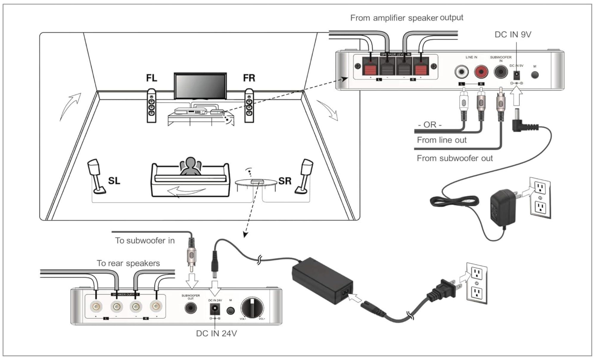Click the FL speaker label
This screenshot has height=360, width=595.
[x=151, y=78]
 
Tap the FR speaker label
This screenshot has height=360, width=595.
[x=249, y=78]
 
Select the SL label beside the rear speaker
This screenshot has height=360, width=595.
[x=114, y=181]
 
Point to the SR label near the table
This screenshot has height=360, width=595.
[x=285, y=181]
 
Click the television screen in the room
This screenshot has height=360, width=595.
[x=200, y=86]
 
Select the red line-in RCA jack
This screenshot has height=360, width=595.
[x=481, y=72]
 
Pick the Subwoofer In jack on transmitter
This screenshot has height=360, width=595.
[x=501, y=72]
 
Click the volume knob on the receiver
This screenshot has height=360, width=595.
[x=252, y=308]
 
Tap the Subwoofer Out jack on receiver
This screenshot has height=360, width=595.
[x=191, y=308]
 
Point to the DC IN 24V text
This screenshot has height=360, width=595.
[x=216, y=333]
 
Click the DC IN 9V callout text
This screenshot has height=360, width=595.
[x=513, y=35]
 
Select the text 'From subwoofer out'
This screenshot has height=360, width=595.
[x=454, y=158]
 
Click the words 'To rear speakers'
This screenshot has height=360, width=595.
[x=128, y=263]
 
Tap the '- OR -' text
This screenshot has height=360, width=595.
[x=430, y=125]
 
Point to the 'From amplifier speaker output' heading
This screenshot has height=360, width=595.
[x=406, y=18]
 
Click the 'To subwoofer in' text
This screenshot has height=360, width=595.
[x=145, y=240]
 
